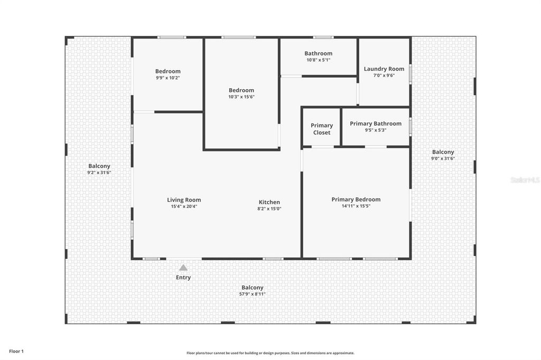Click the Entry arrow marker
[x=183, y=268]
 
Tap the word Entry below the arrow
[x=183, y=278]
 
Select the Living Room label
[x=184, y=200]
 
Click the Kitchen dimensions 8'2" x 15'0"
[x=269, y=209]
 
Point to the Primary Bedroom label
[x=356, y=200]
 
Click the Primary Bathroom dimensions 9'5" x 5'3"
[x=376, y=130]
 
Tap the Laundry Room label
[x=384, y=69]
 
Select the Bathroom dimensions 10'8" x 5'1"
[x=318, y=60]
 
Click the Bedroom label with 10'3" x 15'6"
[x=241, y=90]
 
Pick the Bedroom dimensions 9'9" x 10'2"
[x=168, y=78]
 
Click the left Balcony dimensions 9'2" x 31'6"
[x=99, y=173]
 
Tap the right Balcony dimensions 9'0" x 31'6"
[x=443, y=158]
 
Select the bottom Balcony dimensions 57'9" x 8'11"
[x=253, y=294]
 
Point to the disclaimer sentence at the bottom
[x=270, y=353]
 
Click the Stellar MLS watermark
[x=525, y=180]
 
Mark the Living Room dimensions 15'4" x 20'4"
[x=184, y=206]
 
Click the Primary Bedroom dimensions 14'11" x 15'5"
[x=356, y=206]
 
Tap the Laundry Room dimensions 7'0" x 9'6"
[x=384, y=75]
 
